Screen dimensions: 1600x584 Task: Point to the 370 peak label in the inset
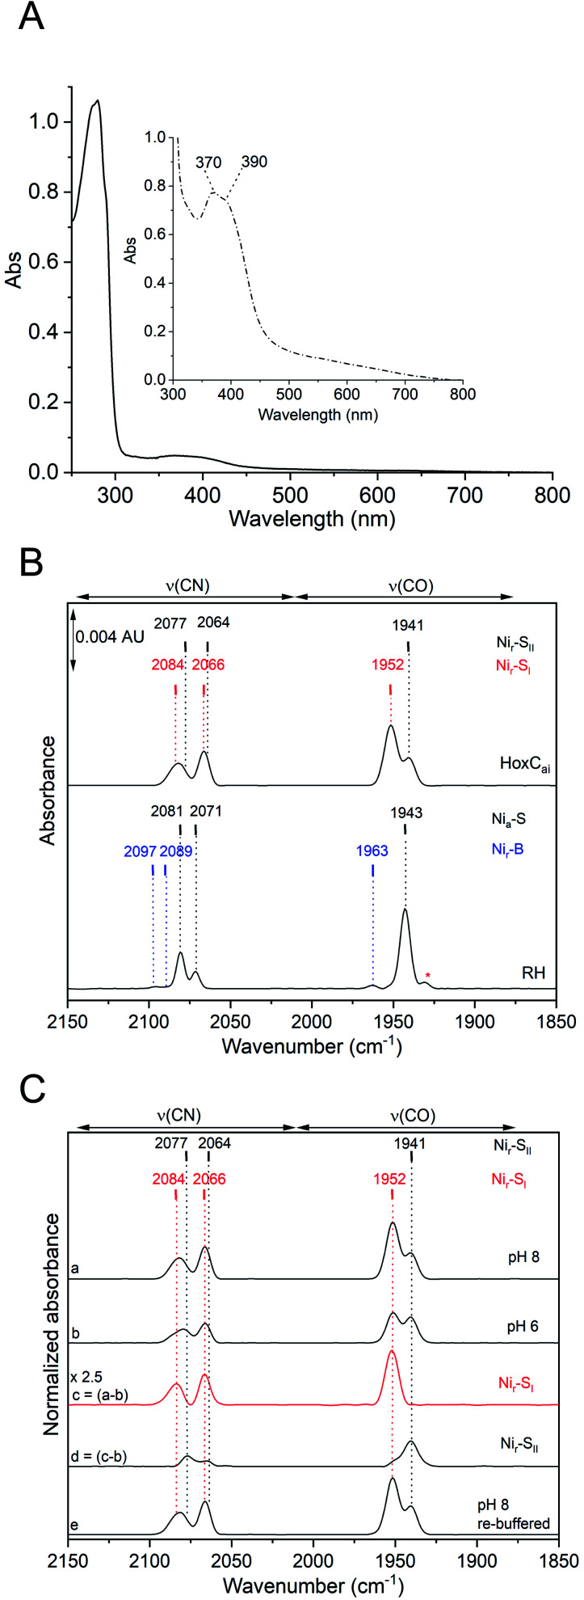[x=208, y=163]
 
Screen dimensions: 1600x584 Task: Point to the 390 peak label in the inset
[x=254, y=163]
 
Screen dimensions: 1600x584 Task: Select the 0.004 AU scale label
[x=111, y=637]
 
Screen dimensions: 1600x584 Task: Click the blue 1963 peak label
[x=372, y=851]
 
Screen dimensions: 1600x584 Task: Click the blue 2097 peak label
[x=140, y=851]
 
